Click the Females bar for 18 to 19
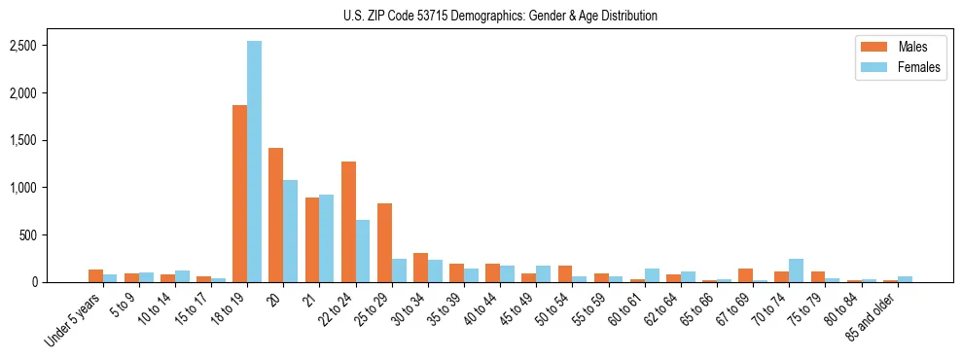pyautogui.click(x=254, y=162)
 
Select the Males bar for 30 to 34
pyautogui.click(x=420, y=268)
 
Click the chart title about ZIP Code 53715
pyautogui.click(x=500, y=16)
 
